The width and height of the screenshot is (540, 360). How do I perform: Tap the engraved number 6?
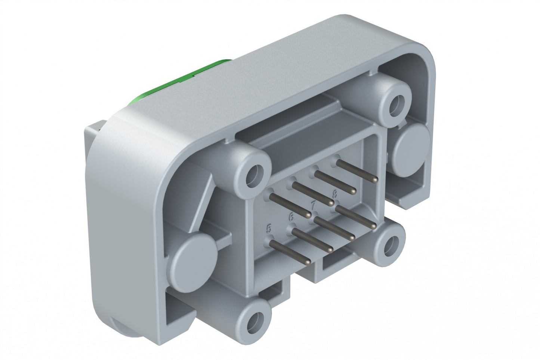pyautogui.click(x=291, y=216)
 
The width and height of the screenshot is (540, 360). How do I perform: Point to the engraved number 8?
pyautogui.click(x=334, y=194)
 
